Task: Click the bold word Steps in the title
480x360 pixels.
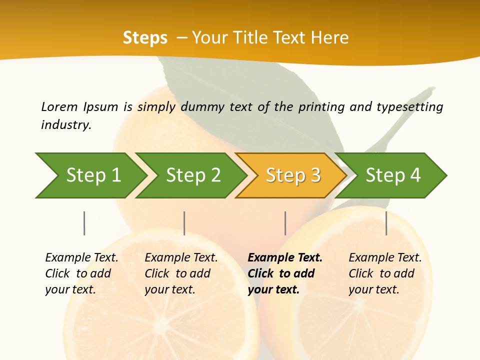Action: click(x=145, y=38)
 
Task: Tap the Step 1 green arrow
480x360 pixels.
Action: click(x=90, y=175)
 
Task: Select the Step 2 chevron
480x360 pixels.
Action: click(x=192, y=175)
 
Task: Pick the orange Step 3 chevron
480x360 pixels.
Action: click(x=292, y=175)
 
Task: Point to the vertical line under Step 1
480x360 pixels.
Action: click(x=84, y=223)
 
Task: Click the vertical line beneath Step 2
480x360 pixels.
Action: click(x=184, y=223)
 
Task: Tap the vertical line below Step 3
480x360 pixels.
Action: click(x=285, y=223)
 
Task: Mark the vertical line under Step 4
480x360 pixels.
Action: click(x=386, y=223)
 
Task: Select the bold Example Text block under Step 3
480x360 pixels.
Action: click(x=285, y=273)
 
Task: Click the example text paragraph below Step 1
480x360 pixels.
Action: click(x=81, y=273)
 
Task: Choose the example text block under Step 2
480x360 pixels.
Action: click(x=181, y=273)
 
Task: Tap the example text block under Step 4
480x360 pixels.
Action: click(x=385, y=273)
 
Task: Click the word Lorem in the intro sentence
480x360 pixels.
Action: click(x=59, y=106)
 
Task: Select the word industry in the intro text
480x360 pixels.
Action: click(x=65, y=124)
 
